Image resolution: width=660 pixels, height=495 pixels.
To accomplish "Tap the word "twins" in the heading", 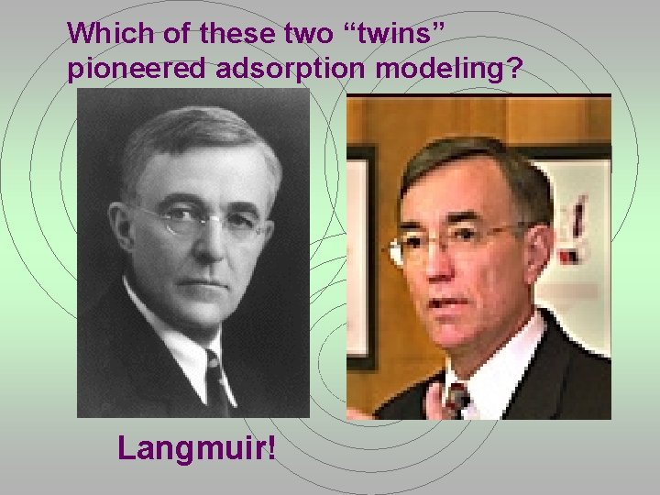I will click(x=395, y=34).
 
